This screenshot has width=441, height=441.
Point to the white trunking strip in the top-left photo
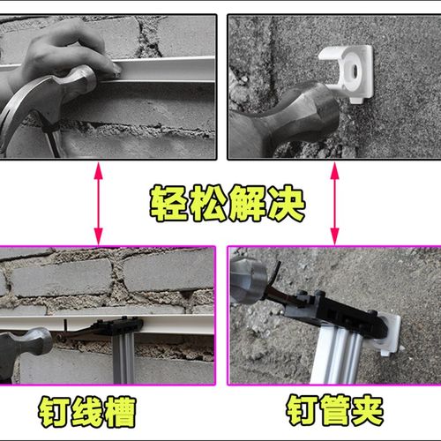pyautogui.click(x=168, y=68)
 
